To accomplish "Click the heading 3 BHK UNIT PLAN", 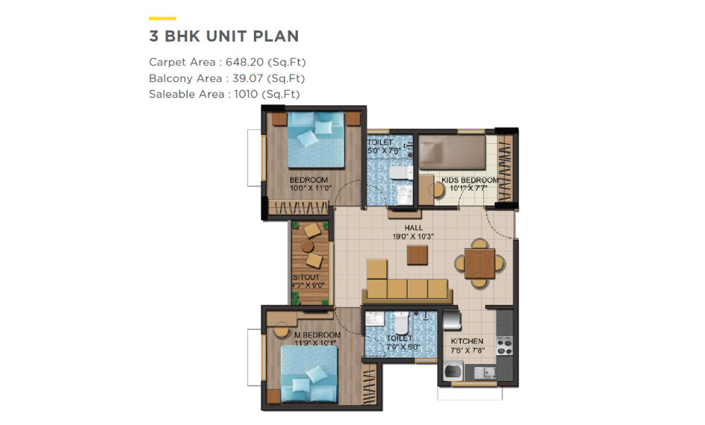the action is point(224,36).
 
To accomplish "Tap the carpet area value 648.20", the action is point(245,62).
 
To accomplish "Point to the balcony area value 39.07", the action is point(247,78).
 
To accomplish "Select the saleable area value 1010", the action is point(246,95).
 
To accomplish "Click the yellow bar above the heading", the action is point(162,18).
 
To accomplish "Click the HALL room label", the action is point(413,227).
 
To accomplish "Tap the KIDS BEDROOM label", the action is point(470,180).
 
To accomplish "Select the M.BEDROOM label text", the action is point(317,335).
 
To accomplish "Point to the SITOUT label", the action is point(306,278).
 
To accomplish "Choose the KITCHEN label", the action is point(467,342).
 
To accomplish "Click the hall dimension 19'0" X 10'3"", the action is point(413,236).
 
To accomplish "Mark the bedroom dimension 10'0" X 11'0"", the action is point(310,189).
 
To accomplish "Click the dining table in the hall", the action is point(480,263).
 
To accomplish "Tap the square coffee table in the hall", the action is point(418,255).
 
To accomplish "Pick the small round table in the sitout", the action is point(308,246).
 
